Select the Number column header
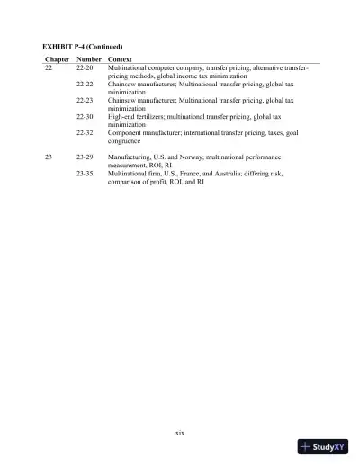[x=88, y=58]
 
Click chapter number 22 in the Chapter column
[x=49, y=67]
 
